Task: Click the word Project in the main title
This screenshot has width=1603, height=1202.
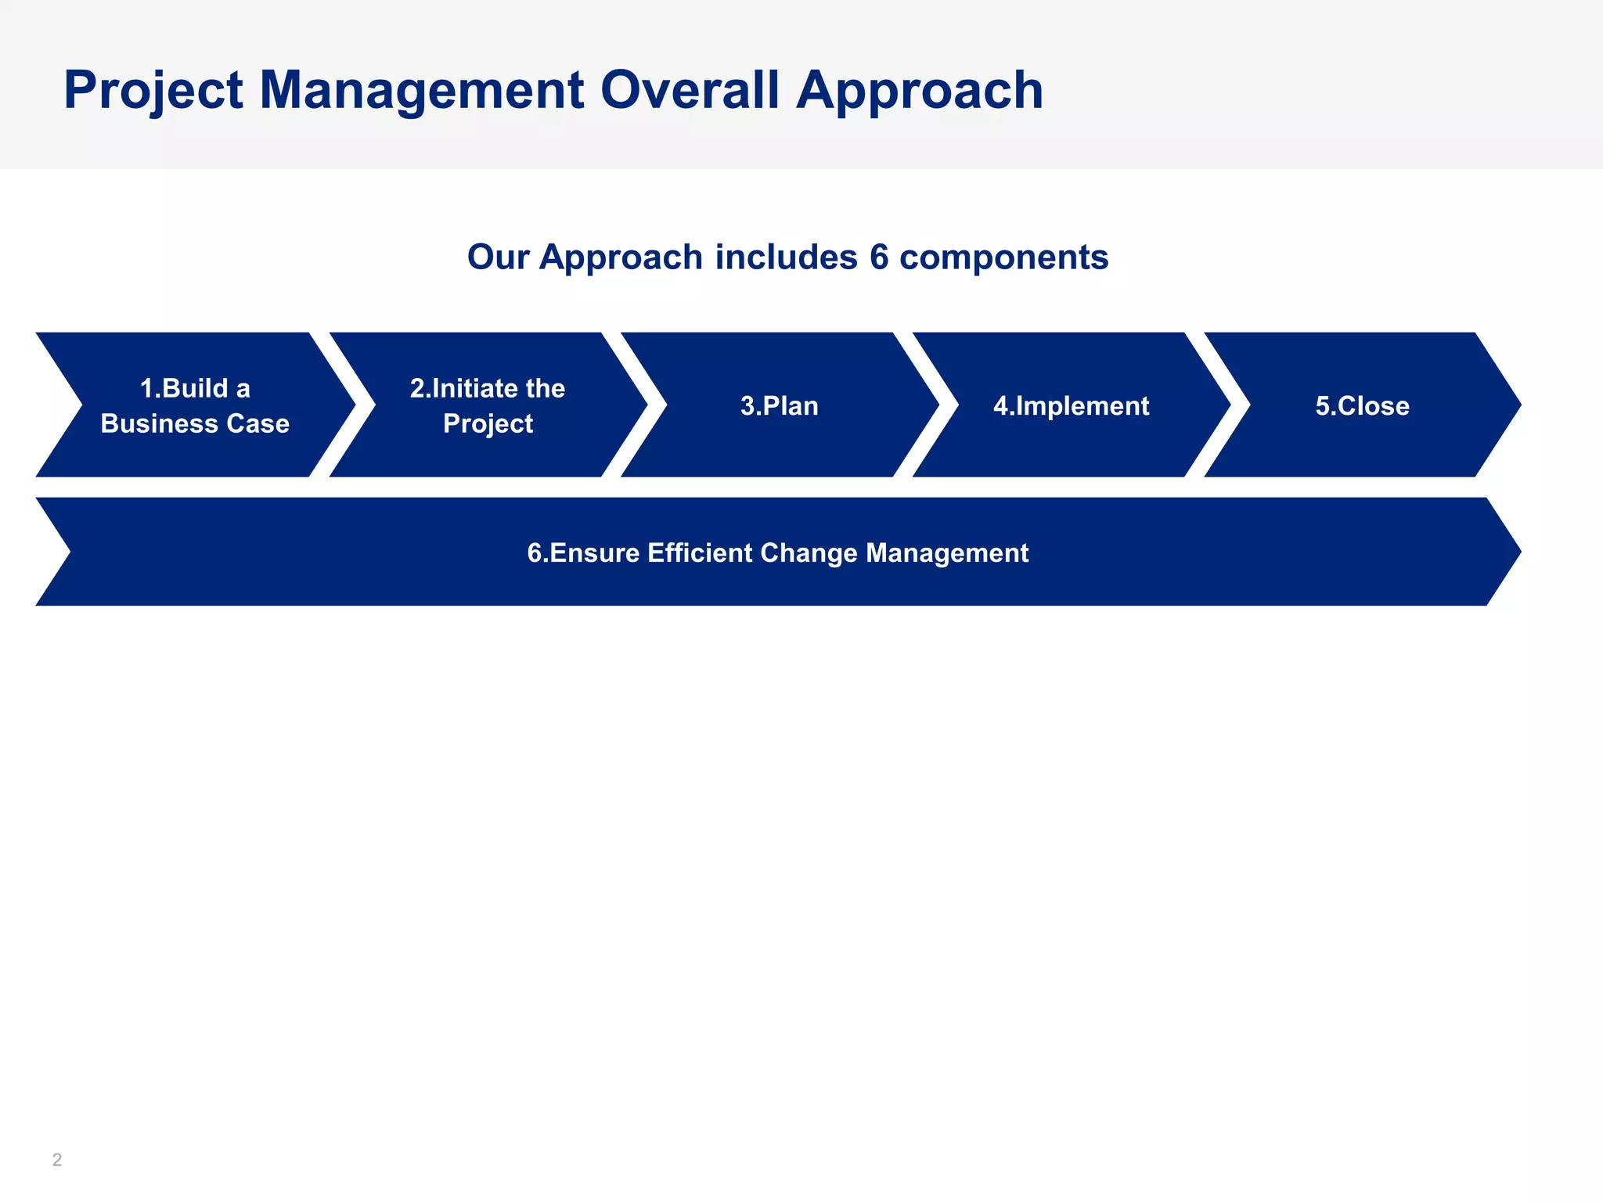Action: point(153,91)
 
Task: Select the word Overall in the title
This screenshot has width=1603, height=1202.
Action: point(690,91)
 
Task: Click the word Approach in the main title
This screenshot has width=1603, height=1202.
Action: point(920,91)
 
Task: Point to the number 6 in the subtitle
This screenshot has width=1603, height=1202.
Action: point(879,257)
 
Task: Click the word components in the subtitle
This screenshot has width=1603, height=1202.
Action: point(1004,257)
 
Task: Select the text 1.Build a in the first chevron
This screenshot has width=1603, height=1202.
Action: point(195,388)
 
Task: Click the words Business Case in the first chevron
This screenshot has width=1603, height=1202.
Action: point(195,423)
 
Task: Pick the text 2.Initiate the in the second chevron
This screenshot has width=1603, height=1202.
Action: point(488,388)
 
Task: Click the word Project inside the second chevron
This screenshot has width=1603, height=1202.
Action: point(488,423)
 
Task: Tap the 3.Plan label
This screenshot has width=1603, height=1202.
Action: point(780,406)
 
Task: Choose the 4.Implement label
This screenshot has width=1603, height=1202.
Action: point(1071,406)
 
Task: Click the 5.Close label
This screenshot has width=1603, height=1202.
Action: point(1362,406)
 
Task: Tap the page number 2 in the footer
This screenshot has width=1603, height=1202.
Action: point(57,1160)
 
